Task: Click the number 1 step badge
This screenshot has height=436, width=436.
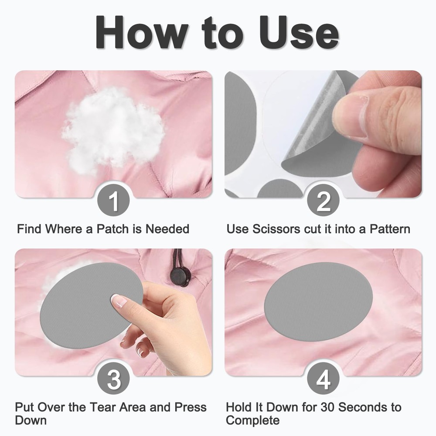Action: click(113, 200)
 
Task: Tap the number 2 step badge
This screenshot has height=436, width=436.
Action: click(323, 200)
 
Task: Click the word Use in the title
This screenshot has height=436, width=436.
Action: click(299, 33)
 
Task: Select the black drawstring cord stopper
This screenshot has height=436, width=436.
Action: click(181, 276)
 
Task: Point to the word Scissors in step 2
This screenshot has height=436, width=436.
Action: click(276, 229)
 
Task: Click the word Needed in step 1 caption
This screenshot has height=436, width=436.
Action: click(167, 229)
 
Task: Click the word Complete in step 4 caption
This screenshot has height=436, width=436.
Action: click(253, 420)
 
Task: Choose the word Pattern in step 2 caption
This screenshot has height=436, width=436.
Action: click(390, 229)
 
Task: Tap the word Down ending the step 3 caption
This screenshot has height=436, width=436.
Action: click(31, 420)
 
